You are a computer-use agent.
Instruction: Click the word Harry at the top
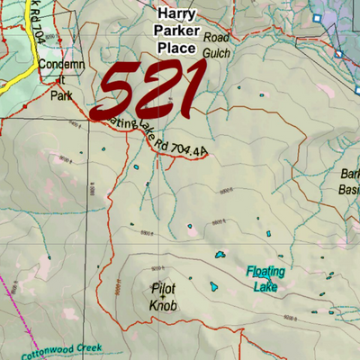click(x=176, y=13)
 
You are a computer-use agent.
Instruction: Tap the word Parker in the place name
click(x=176, y=31)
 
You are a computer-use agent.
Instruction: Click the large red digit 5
click(x=119, y=93)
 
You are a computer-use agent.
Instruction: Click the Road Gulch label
click(x=217, y=46)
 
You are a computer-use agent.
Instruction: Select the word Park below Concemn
click(x=60, y=94)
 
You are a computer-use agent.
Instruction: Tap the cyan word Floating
click(x=265, y=271)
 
